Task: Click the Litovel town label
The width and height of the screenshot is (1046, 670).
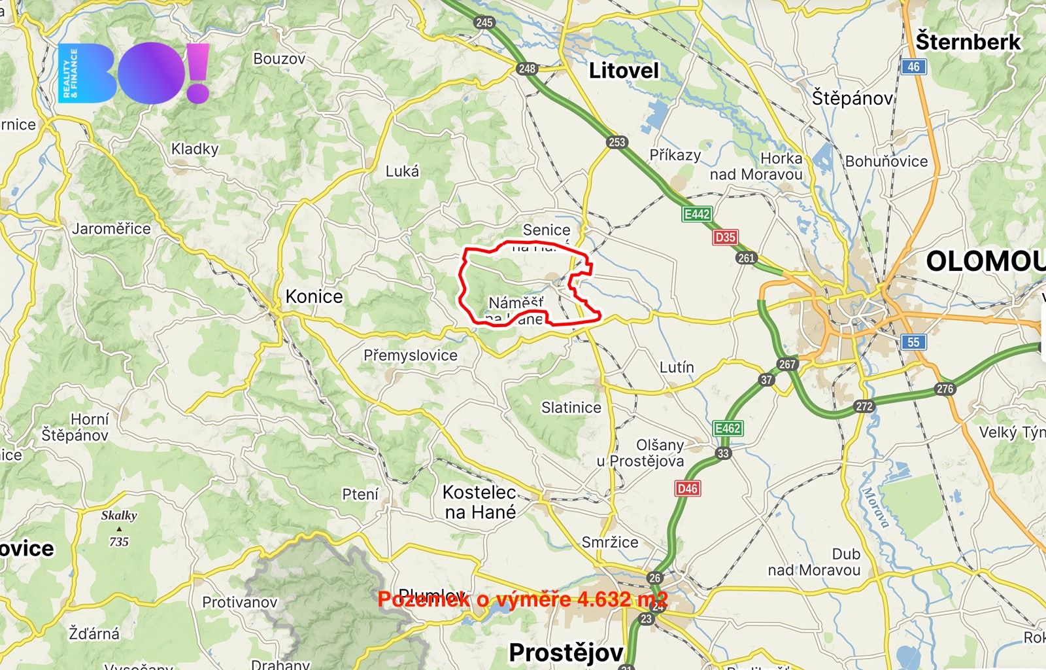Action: pyautogui.click(x=624, y=71)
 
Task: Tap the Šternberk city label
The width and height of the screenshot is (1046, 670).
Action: pyautogui.click(x=968, y=42)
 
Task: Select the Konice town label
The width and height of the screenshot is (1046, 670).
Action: pyautogui.click(x=314, y=296)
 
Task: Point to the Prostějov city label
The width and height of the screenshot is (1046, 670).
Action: pyautogui.click(x=566, y=652)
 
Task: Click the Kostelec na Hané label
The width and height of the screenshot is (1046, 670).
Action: pyautogui.click(x=480, y=502)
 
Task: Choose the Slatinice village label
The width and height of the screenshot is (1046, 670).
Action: pyautogui.click(x=571, y=408)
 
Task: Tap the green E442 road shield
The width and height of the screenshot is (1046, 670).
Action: pyautogui.click(x=696, y=214)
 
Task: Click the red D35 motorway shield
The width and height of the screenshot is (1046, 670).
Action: pyautogui.click(x=725, y=237)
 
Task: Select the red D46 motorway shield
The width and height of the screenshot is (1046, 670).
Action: pyautogui.click(x=687, y=488)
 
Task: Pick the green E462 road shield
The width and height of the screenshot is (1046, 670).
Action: pyautogui.click(x=727, y=429)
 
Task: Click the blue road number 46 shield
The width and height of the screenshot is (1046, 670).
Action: pyautogui.click(x=913, y=66)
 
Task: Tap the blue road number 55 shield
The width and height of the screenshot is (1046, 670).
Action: pyautogui.click(x=913, y=342)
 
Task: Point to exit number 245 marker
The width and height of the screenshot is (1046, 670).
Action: pyautogui.click(x=484, y=22)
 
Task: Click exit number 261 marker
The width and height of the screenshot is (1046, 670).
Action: pyautogui.click(x=746, y=258)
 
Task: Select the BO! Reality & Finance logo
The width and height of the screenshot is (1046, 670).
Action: pyautogui.click(x=134, y=73)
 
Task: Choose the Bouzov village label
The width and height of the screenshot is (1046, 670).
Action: pyautogui.click(x=279, y=59)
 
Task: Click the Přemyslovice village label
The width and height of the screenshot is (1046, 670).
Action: pyautogui.click(x=411, y=355)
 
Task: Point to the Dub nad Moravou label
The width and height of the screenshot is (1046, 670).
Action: pyautogui.click(x=815, y=562)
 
